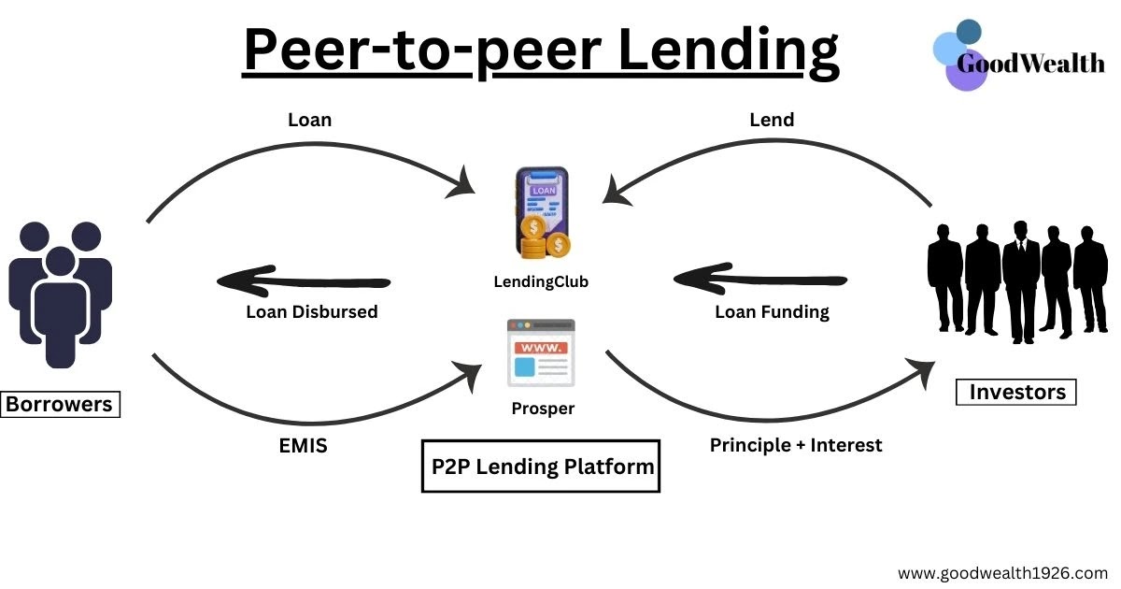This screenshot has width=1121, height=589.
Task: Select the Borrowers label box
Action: (60, 405)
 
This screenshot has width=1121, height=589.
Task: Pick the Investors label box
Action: (1016, 392)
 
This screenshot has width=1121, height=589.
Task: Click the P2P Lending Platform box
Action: (542, 466)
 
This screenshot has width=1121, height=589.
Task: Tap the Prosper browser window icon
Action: (541, 353)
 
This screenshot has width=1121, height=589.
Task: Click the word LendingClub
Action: (542, 280)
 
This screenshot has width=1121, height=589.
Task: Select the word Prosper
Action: (543, 409)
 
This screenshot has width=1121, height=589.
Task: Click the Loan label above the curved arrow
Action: (309, 120)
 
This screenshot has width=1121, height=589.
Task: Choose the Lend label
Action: (772, 120)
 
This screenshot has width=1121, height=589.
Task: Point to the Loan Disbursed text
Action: (312, 312)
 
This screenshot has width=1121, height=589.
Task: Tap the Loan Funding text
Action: (772, 312)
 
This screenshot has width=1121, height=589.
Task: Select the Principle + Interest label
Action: (796, 445)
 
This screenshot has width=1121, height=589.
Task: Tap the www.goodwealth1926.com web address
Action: (1002, 572)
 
